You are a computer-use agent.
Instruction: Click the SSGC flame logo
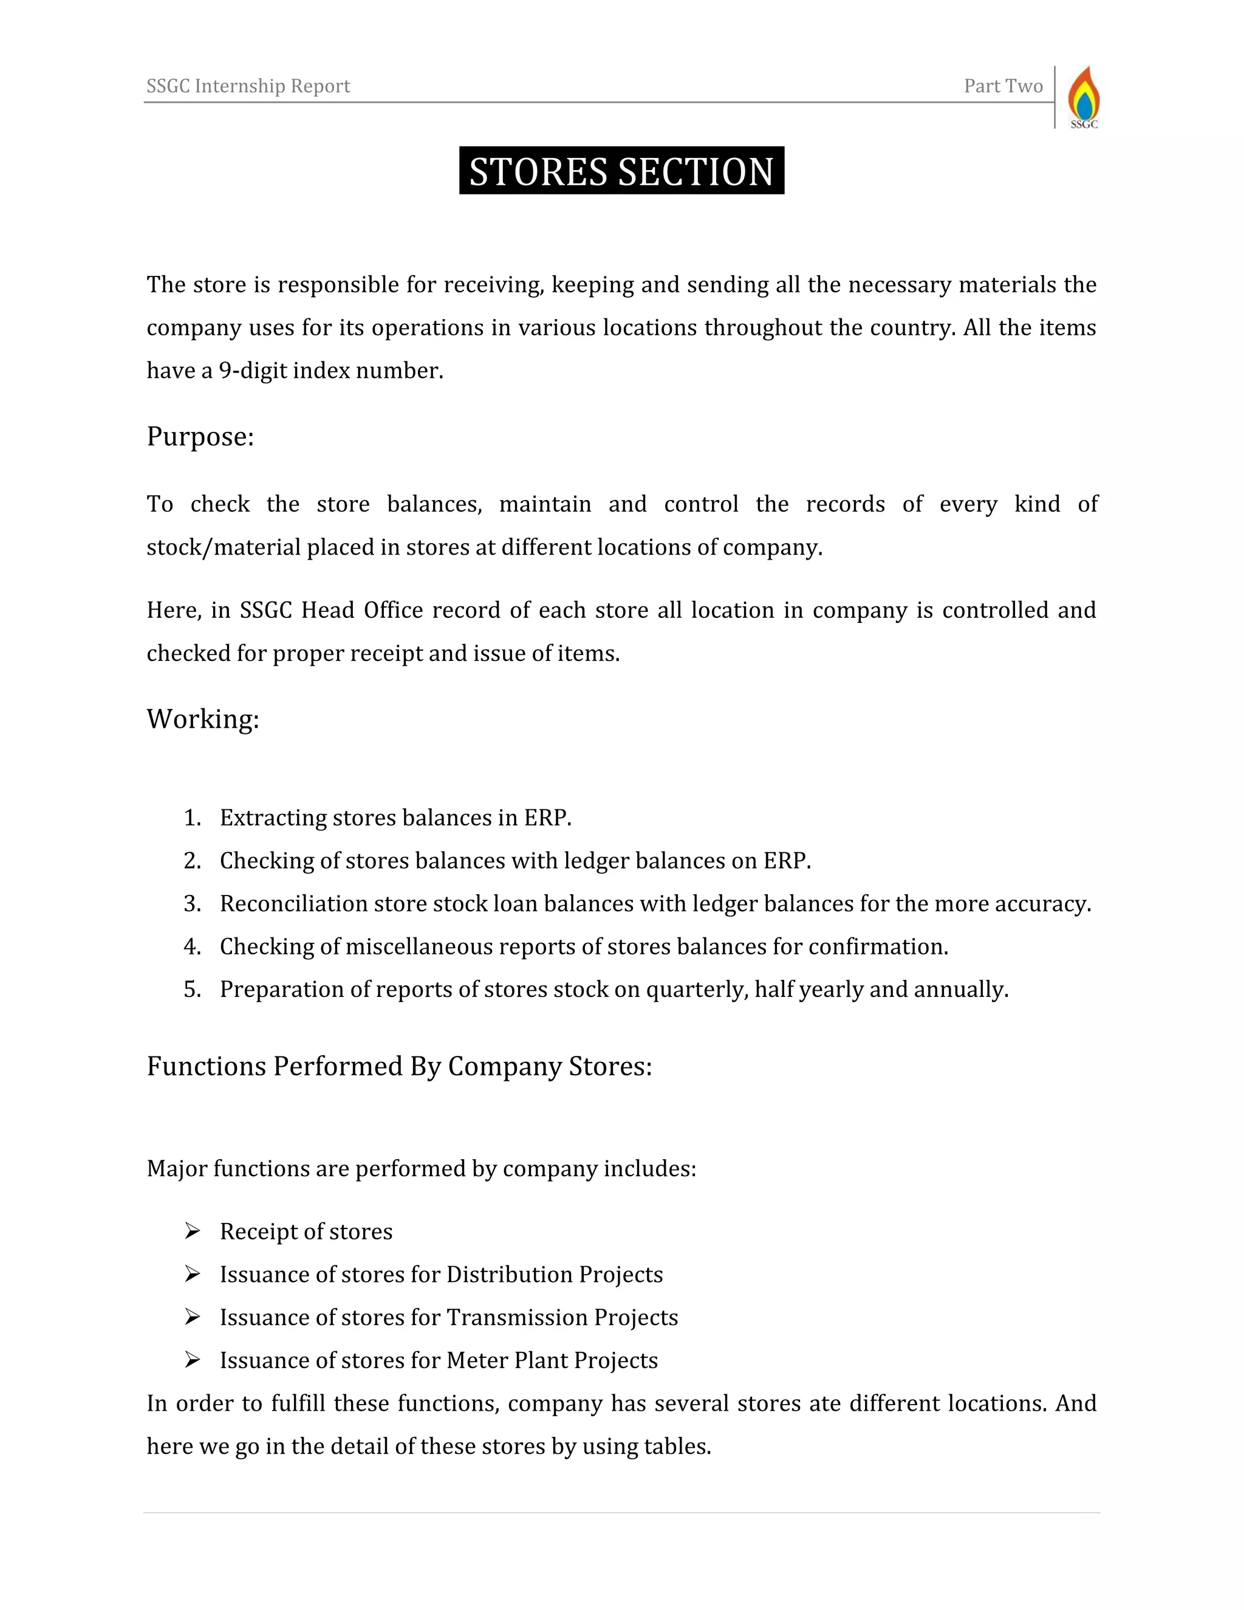(x=1084, y=97)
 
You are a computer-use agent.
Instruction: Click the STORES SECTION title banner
(x=621, y=171)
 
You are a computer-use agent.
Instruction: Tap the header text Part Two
(x=1003, y=86)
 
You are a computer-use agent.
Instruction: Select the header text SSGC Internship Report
(x=248, y=86)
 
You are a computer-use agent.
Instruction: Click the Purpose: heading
(x=200, y=436)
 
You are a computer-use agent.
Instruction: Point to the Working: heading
(x=203, y=719)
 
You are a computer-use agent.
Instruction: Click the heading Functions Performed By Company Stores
(x=398, y=1066)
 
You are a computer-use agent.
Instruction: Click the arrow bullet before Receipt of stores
(x=193, y=1231)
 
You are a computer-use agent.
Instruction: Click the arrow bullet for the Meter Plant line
(x=193, y=1360)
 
